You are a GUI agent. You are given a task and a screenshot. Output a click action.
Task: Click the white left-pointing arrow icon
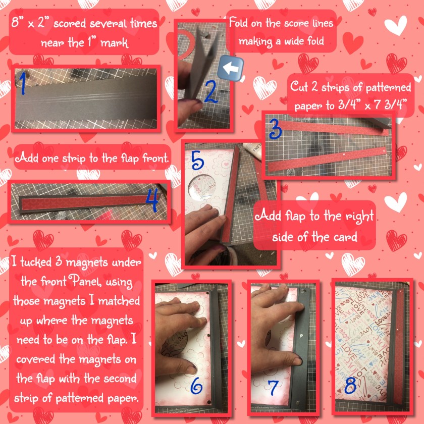(231, 69)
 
